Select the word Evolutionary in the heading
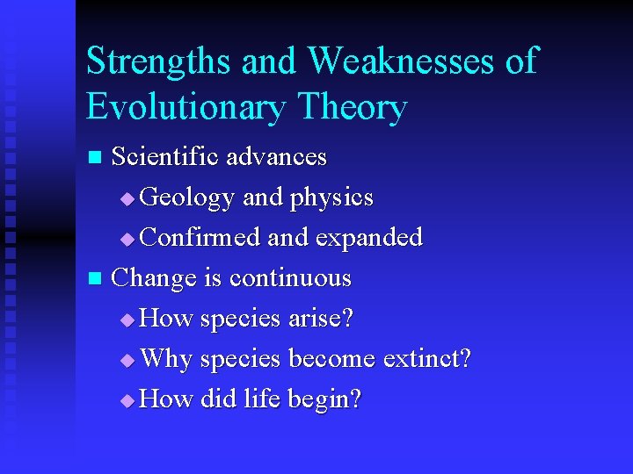tap(185, 107)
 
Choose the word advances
tap(276, 157)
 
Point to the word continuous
tap(290, 278)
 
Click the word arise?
tap(321, 319)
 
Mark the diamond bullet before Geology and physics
tap(127, 200)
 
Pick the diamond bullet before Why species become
tap(127, 361)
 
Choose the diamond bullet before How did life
tap(127, 401)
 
